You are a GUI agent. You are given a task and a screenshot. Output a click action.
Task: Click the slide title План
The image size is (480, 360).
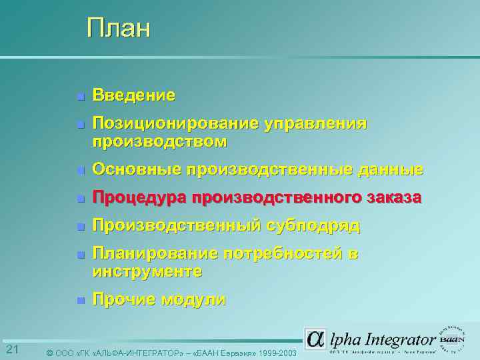119,28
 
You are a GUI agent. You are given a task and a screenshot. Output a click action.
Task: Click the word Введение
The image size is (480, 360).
134,95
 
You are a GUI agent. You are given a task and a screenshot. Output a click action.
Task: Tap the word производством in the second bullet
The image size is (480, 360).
159,141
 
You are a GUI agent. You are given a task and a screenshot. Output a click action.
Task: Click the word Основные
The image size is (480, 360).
137,170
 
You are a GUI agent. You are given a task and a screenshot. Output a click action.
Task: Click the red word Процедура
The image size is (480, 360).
139,198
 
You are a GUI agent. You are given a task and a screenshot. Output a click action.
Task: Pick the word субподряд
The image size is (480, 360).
313,226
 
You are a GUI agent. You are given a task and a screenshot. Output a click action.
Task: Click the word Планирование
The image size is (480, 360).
155,254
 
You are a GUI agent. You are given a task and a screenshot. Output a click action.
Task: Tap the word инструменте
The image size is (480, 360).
147,271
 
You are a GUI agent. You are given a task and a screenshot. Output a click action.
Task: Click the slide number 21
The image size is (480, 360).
11,350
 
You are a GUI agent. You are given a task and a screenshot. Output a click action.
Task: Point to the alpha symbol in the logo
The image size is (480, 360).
315,339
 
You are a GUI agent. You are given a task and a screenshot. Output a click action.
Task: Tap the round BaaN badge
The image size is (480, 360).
451,338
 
